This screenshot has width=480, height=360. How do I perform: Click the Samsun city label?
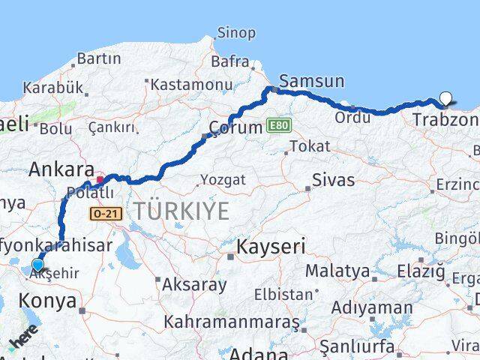311,81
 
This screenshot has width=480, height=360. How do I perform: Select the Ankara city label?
61,169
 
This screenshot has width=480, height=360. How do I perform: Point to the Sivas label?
333,180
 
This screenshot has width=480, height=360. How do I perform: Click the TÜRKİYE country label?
182,211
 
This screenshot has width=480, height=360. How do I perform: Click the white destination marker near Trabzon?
446,98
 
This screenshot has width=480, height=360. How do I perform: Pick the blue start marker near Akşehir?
37,265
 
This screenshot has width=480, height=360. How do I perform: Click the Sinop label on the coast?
235,33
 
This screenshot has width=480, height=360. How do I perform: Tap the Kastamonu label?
191,85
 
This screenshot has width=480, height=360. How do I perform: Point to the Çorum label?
235,127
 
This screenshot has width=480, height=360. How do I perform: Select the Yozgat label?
224,180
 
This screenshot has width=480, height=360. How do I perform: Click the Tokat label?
309,146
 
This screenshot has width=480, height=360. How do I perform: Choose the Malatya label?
337,271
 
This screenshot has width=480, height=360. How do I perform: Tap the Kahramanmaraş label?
231,322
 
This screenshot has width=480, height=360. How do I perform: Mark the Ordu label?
352,117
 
